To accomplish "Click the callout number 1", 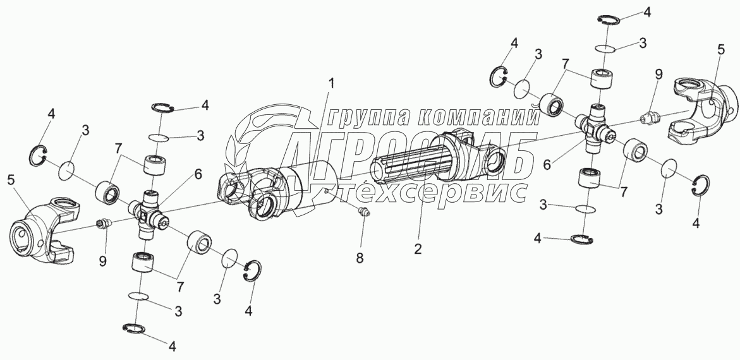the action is pos(332,83).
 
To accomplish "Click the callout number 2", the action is pos(417,248).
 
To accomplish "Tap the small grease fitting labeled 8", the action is pos(363,213).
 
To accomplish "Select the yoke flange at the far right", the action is pos(702,107).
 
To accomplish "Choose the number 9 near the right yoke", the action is pos(658,74).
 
